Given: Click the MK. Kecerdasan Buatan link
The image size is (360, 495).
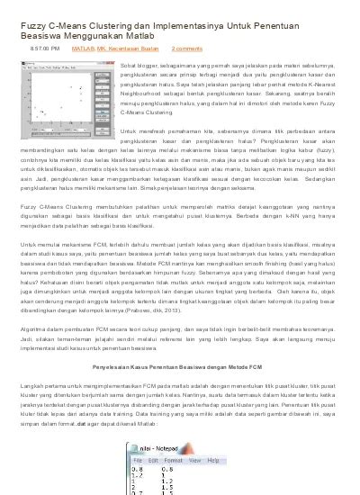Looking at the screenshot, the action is tap(126, 48).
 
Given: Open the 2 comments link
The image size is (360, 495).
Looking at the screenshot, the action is tap(186, 48).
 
